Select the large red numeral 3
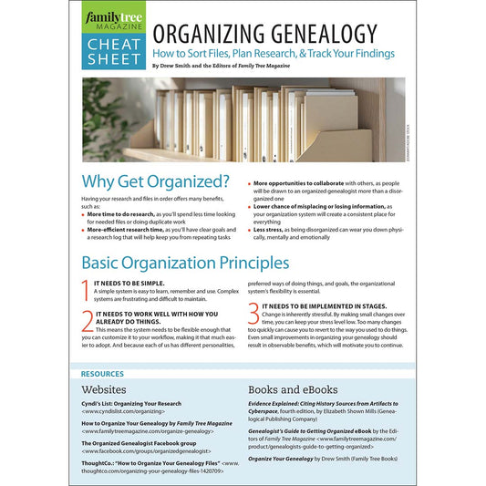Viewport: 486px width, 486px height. coord(253,312)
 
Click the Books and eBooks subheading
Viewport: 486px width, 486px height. coord(292,390)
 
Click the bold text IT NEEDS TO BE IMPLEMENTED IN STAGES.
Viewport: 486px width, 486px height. coord(324,306)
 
